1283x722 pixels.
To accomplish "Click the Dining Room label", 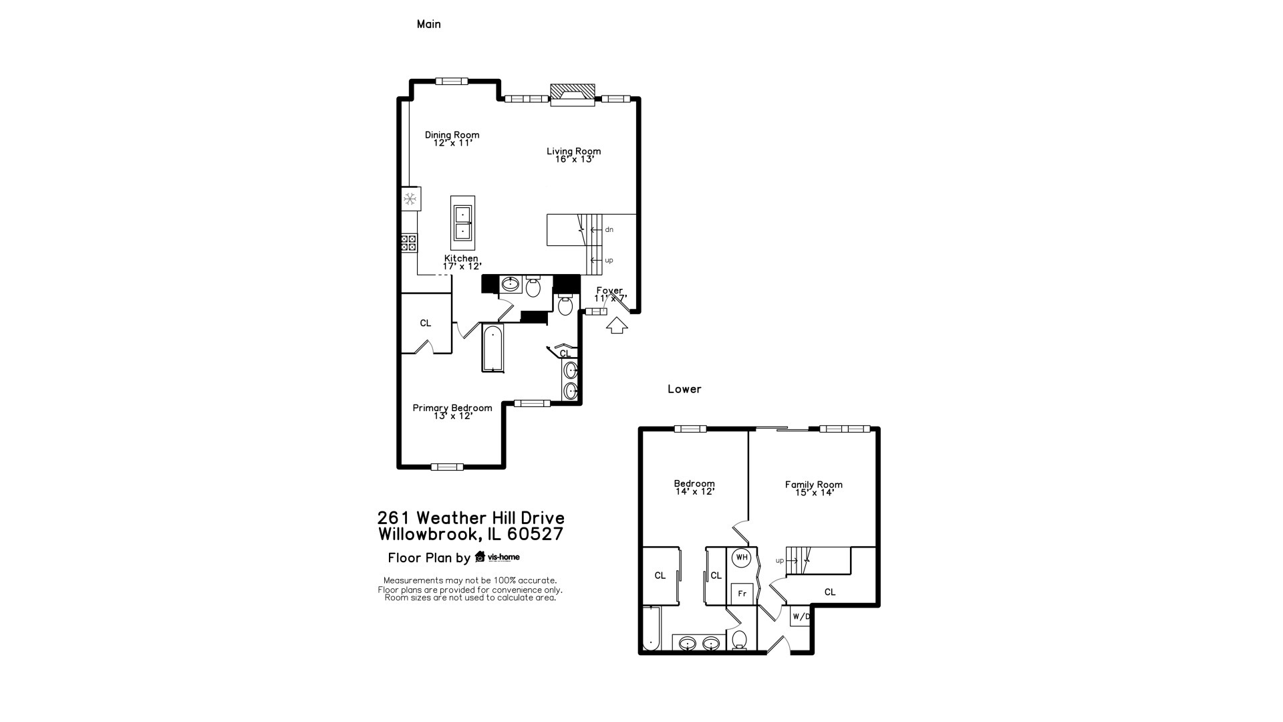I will tap(452, 138).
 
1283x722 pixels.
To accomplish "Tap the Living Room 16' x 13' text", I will tap(573, 155).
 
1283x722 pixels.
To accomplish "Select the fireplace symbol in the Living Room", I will tap(572, 95).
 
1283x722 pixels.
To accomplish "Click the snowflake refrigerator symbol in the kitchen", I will tap(410, 199).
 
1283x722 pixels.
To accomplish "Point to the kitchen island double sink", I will tap(462, 223).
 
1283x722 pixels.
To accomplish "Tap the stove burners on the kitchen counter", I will tap(409, 243).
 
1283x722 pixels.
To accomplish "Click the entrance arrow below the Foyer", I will tap(617, 326).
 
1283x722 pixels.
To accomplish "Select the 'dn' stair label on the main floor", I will tap(609, 230).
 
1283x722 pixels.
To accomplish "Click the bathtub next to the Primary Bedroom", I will tap(492, 348).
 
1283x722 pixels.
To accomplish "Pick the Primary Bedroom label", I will tap(452, 412).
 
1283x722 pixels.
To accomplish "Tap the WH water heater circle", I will tap(741, 558).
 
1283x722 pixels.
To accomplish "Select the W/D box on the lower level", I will tap(800, 616).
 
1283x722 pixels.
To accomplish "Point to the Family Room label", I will tap(813, 489).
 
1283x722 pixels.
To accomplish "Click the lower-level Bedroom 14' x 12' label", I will tap(694, 487).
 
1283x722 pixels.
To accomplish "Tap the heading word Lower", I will tap(684, 389).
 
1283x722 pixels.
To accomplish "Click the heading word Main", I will tap(428, 24).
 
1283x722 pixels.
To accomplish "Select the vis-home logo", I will tap(497, 557).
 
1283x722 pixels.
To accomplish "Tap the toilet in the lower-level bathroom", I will tap(740, 640).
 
